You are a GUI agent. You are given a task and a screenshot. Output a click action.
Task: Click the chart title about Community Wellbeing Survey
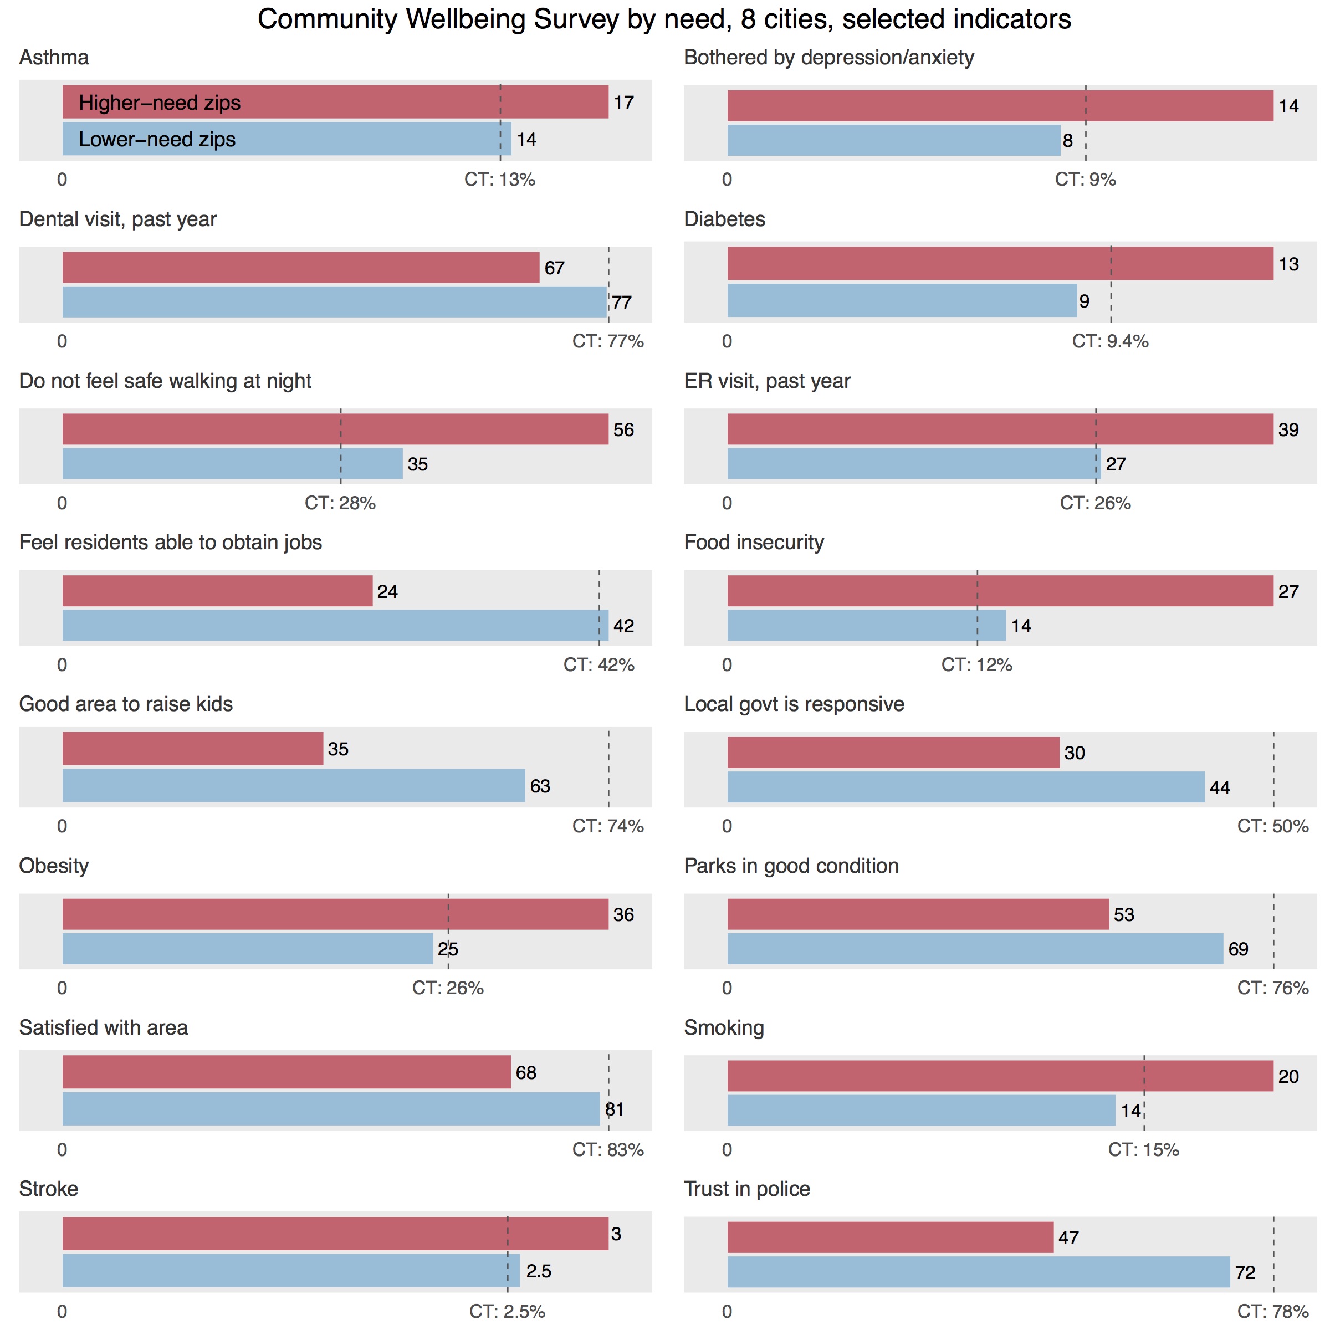coord(664,19)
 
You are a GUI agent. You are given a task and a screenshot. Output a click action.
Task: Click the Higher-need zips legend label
coord(160,103)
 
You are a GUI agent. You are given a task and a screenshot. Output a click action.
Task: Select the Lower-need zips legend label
coord(157,139)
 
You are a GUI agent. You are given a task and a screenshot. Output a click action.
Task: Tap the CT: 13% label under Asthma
coord(499,180)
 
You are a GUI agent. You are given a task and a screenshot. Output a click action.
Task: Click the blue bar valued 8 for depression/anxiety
coord(893,140)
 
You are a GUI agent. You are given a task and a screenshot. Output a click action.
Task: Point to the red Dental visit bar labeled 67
coord(301,268)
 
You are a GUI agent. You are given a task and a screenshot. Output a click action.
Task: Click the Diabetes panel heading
coord(724,219)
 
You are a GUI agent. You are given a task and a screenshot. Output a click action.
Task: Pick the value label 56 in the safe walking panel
coord(623,429)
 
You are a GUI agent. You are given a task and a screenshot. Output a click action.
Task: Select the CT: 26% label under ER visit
coord(1094,503)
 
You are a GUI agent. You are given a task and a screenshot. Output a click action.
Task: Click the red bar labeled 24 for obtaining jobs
coord(218,591)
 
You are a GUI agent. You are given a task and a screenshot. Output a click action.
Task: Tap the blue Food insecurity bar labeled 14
coord(866,626)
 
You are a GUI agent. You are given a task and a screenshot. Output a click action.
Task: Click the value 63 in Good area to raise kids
coord(540,786)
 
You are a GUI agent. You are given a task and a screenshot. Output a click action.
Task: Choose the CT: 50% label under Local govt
coord(1272,826)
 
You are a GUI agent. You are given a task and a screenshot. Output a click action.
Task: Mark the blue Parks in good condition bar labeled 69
coord(975,949)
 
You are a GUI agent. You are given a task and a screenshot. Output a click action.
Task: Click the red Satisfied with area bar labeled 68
coord(287,1072)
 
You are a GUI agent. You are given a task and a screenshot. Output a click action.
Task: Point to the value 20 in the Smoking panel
coord(1288,1077)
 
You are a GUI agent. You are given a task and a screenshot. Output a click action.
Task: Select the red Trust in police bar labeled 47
coord(890,1237)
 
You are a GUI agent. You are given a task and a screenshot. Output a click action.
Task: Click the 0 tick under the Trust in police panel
coord(727,1311)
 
